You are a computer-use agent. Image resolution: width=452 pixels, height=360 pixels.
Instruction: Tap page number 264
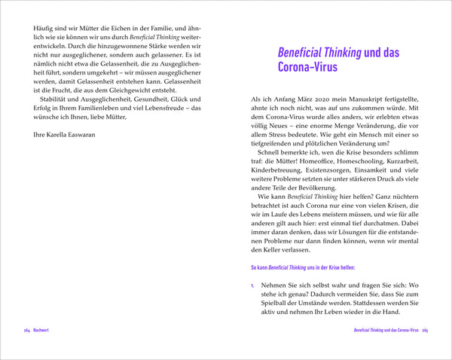(x=27, y=331)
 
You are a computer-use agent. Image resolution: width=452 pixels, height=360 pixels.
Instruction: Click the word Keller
(x=279, y=251)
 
